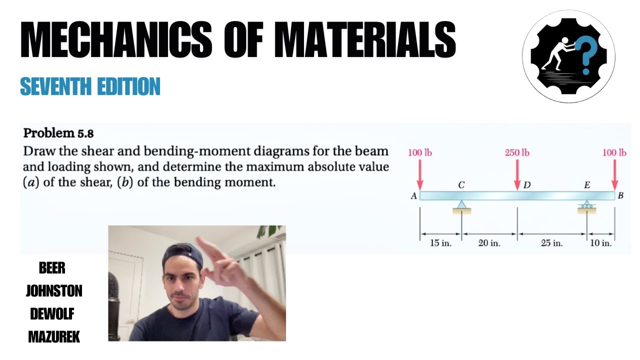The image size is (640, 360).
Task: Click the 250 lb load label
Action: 517,153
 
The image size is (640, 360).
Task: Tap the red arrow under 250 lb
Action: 517,175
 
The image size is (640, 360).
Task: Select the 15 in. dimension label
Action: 440,243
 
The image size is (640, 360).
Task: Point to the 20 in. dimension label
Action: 489,243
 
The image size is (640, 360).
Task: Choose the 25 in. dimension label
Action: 551,243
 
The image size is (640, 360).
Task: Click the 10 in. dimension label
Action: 601,243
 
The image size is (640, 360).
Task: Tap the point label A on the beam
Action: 413,196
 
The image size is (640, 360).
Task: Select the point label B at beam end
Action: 620,195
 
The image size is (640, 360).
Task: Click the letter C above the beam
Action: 461,185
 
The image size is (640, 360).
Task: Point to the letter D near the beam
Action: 527,185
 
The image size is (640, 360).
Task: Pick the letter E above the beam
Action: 587,185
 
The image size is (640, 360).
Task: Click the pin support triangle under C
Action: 461,204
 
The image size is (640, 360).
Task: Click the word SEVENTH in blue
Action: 55,86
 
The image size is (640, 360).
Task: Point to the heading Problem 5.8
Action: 58,133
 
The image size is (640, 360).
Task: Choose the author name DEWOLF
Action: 52,314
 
